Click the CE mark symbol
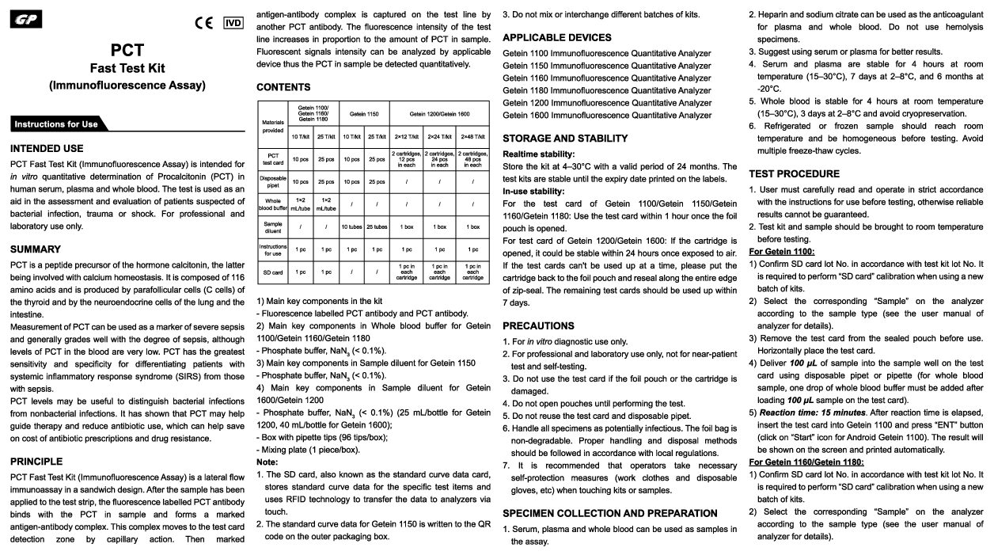pos(203,22)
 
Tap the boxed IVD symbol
pos(233,22)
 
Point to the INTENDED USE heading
pos(47,148)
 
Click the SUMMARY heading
pos(36,249)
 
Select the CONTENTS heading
pos(283,87)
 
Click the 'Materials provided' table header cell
pos(272,124)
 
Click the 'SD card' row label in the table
pos(273,272)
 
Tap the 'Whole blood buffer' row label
pos(273,203)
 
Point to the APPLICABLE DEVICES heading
pos(557,37)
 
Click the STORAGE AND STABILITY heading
pos(565,139)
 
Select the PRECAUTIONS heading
pos(538,325)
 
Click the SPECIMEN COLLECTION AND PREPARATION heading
pos(610,513)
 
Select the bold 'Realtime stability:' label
pos(539,154)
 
